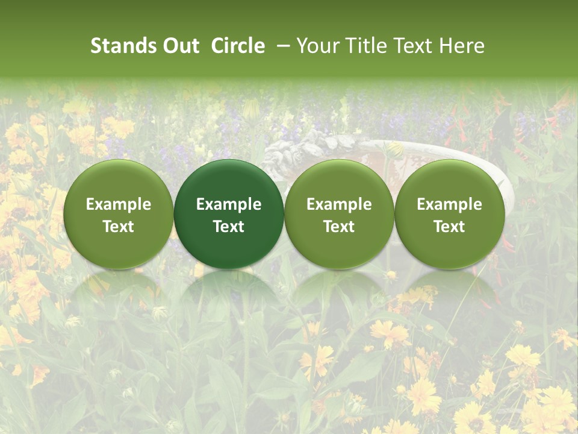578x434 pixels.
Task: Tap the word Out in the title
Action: tap(179, 46)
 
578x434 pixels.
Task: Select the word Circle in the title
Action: tap(238, 46)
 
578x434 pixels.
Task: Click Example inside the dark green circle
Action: tap(229, 204)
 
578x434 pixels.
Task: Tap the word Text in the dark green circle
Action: tap(229, 227)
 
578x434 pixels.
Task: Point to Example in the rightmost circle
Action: tap(449, 204)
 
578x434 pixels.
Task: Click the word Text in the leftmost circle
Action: tap(119, 227)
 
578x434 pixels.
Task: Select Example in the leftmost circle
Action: tap(119, 204)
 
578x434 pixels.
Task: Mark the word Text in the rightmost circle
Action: tap(449, 227)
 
